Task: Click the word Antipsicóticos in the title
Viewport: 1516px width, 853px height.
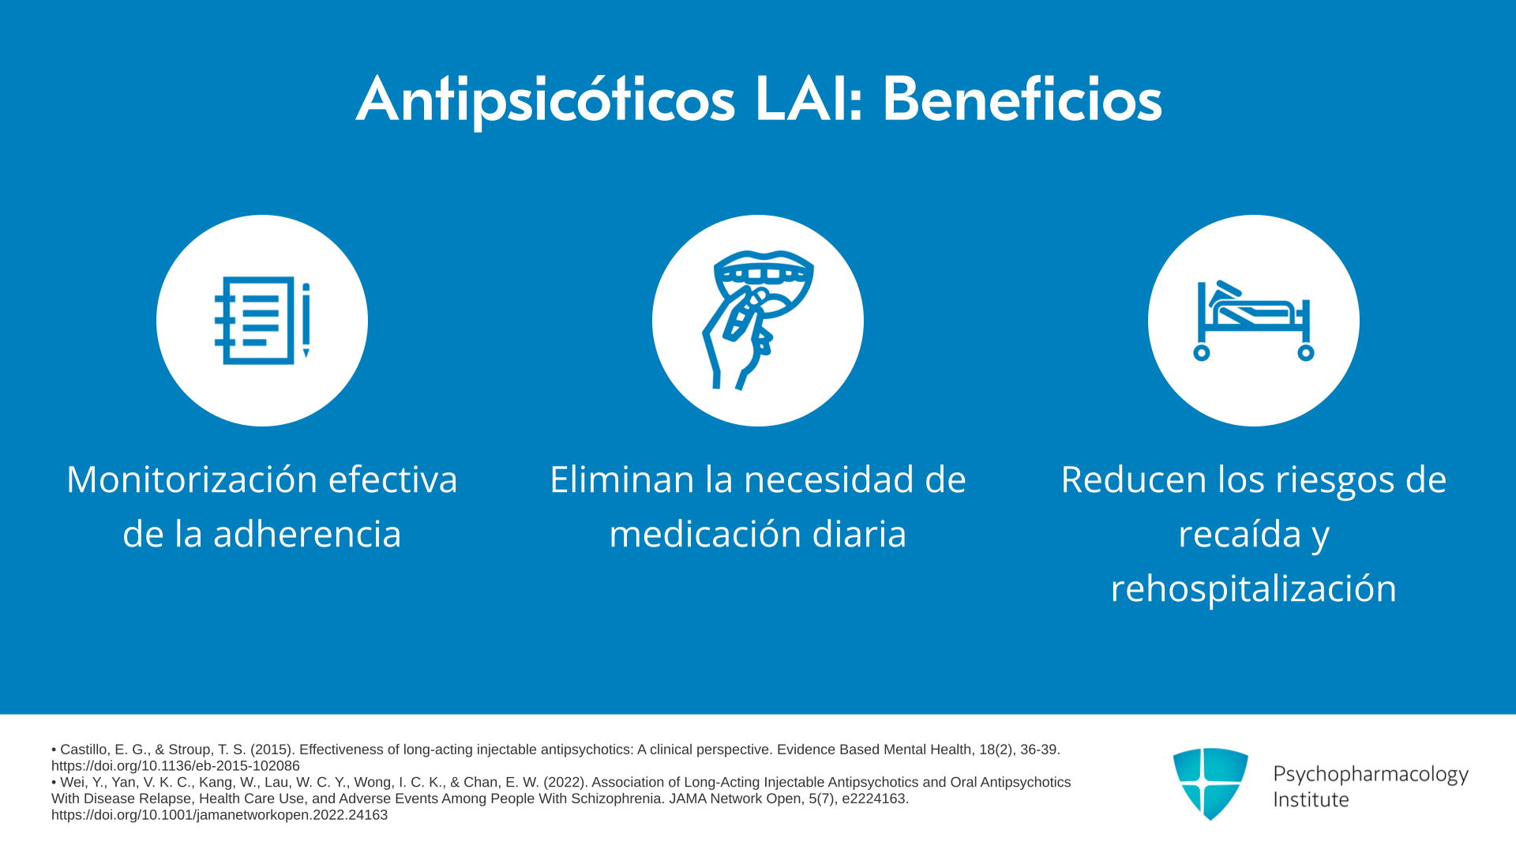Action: [546, 100]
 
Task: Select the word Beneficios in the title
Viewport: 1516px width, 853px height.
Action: [1022, 100]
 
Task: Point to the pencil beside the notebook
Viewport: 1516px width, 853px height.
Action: [306, 321]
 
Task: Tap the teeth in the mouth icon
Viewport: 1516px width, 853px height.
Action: [763, 275]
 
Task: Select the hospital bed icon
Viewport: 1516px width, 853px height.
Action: [1253, 321]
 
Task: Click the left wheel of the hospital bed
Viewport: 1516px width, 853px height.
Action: [1202, 353]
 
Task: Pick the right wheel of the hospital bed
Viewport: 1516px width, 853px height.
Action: [1306, 353]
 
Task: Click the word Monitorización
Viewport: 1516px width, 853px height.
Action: [192, 479]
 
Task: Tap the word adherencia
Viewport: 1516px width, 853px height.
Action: [307, 534]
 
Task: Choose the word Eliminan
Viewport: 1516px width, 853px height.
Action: [622, 479]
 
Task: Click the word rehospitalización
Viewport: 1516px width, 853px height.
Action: [1254, 588]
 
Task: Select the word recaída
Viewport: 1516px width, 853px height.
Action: [1240, 534]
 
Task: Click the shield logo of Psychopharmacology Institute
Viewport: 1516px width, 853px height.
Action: [1210, 783]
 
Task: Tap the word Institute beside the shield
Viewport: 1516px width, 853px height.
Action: [1311, 800]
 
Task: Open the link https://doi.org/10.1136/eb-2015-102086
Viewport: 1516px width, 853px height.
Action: [175, 766]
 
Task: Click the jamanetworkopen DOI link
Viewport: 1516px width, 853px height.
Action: [220, 815]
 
